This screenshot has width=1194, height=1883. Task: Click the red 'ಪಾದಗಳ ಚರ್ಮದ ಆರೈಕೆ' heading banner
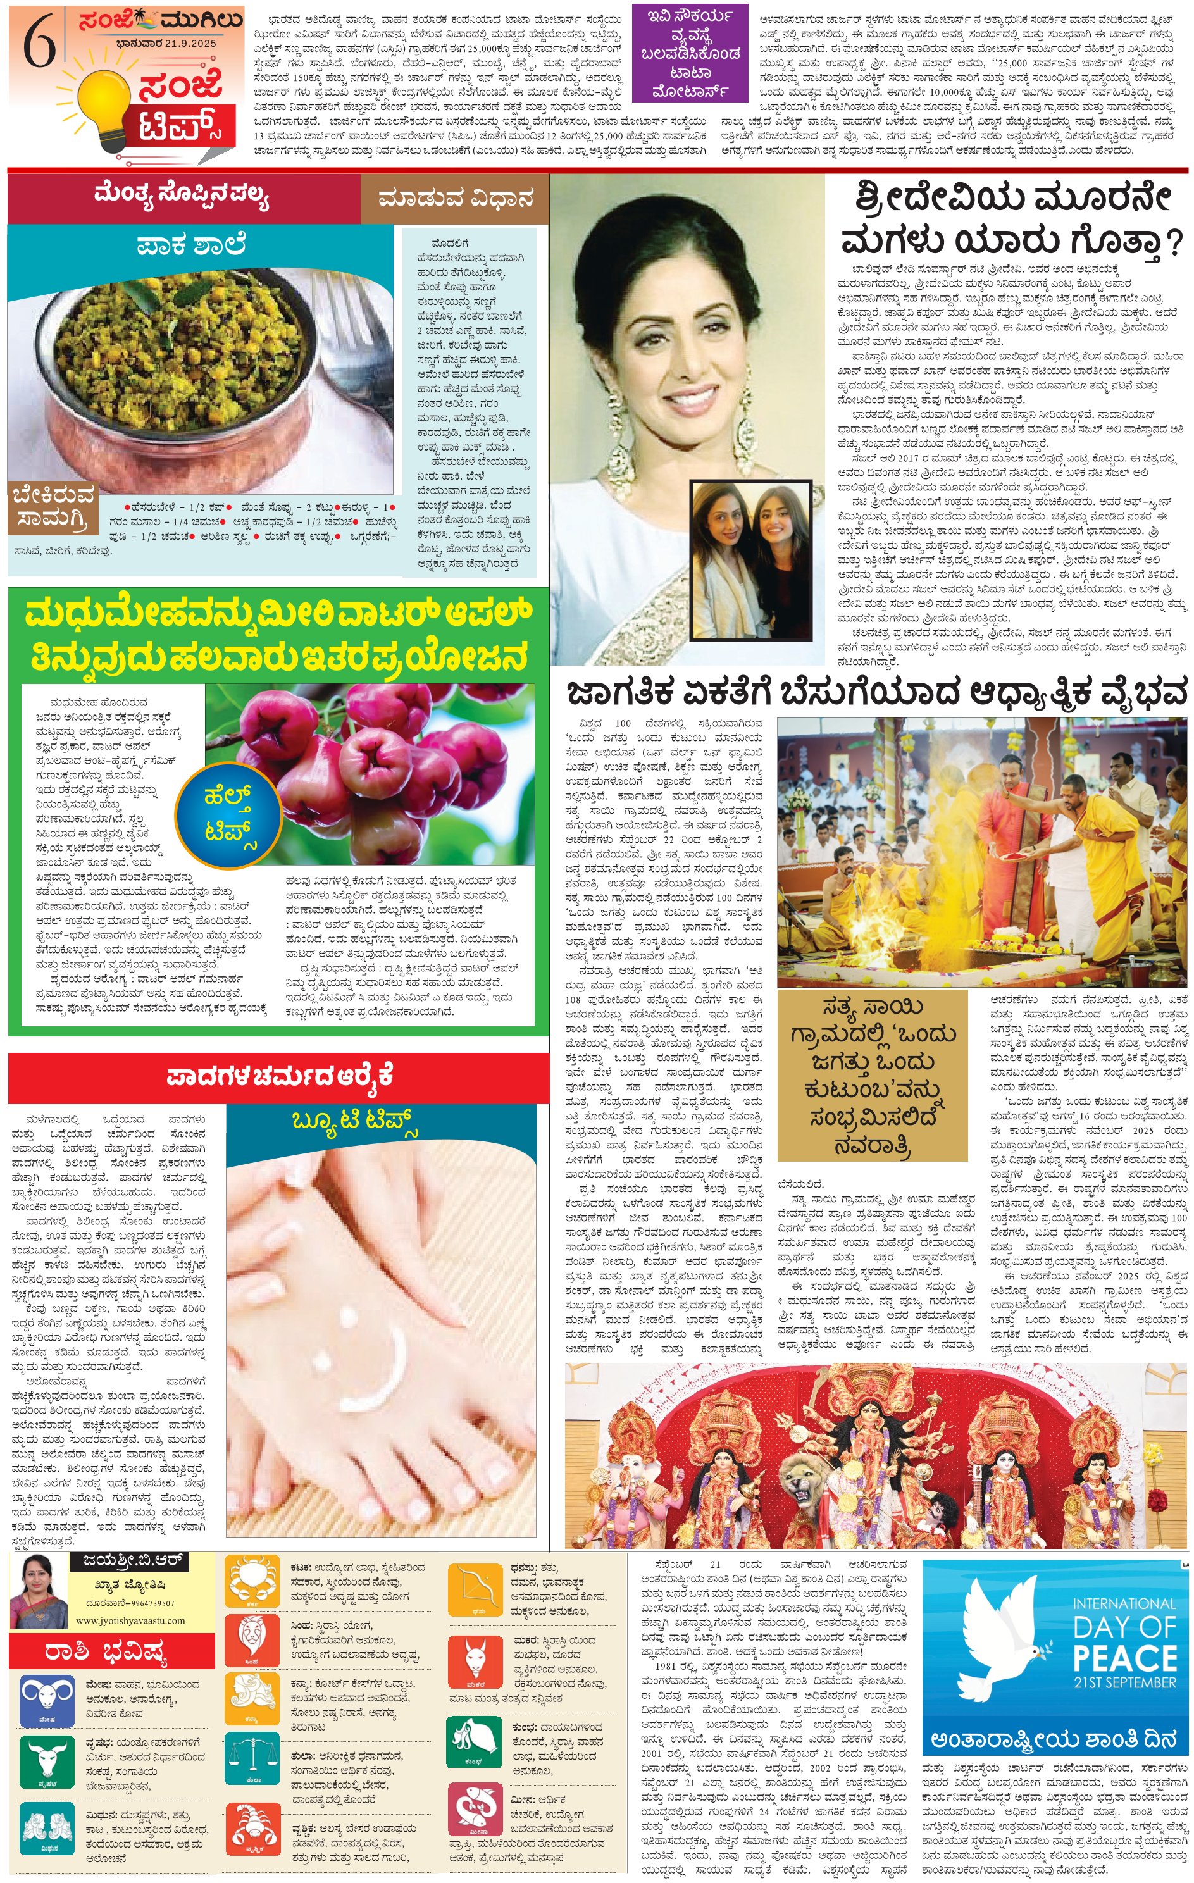278,1078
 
